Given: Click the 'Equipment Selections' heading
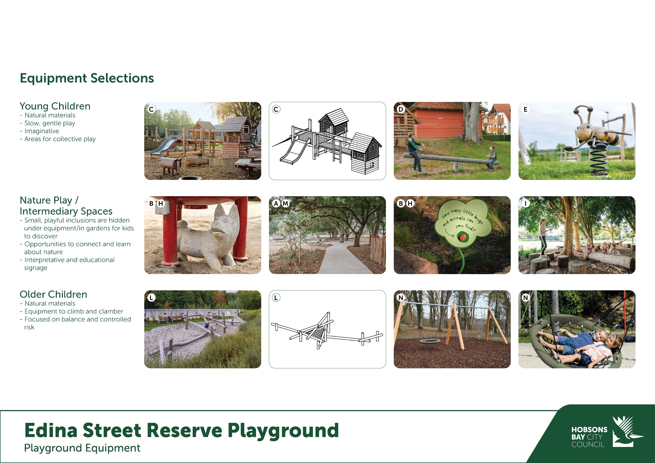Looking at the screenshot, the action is (87, 78).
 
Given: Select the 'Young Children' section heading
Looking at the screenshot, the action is (55, 106).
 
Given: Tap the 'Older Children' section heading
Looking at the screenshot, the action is (53, 294).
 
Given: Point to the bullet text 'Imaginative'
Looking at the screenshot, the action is (42, 131).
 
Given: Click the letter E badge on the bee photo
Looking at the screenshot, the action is (525, 109).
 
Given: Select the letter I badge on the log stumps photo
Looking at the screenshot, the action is (525, 203).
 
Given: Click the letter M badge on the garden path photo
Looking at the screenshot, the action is (285, 203).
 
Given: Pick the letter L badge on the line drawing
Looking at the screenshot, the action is (276, 297).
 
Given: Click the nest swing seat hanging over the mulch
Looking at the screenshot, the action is (430, 341).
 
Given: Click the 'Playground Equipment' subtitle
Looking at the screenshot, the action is (82, 448).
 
